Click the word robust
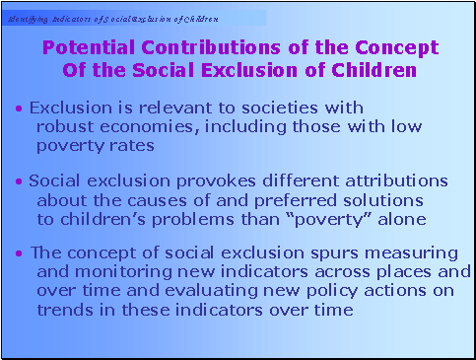[x=65, y=126]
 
